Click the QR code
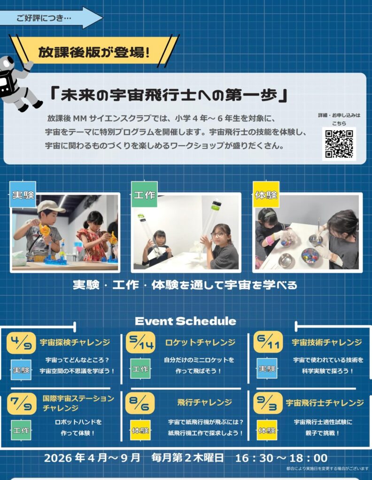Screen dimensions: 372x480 [339, 144]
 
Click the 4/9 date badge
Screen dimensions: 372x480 [21, 343]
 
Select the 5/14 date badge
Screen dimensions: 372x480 [140, 343]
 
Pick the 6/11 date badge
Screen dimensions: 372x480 [268, 342]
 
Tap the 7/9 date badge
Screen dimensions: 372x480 [22, 404]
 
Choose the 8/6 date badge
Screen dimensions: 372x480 [140, 403]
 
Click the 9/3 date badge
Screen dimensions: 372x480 [268, 403]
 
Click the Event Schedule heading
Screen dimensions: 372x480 [186, 321]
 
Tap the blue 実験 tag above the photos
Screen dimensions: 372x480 [23, 195]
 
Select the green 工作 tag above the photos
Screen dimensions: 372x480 [144, 195]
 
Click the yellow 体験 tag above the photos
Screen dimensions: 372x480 [266, 195]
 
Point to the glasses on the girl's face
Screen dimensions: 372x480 [217, 235]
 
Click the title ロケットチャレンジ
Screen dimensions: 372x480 [200, 342]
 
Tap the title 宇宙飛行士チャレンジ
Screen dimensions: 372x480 [325, 403]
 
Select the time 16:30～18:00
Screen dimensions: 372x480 [281, 458]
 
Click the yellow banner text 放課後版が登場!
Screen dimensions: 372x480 [94, 52]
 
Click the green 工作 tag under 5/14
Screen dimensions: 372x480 [140, 369]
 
